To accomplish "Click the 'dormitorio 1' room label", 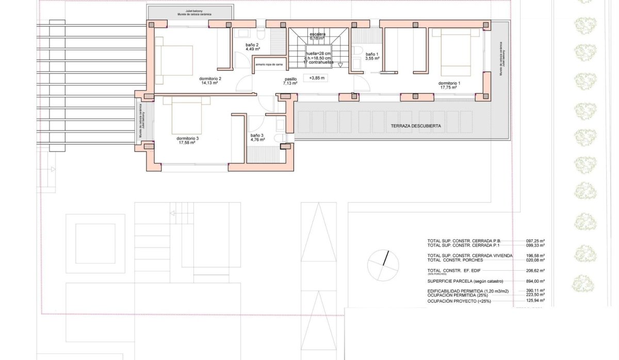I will pos(449,83).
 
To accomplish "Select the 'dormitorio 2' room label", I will pos(210,78).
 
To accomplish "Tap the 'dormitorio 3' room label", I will pos(187,138).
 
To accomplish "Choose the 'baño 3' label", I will pos(257,136).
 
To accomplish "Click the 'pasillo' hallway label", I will pos(290,79).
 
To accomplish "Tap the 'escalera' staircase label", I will pos(317,34).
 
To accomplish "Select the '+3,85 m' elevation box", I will pos(317,78).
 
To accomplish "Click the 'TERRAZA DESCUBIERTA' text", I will pos(416,126).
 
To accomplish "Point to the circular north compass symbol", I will pos(383,266).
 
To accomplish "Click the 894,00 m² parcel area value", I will pos(535,281).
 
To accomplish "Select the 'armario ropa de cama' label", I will pos(269,64).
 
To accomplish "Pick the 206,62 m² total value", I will pos(535,270).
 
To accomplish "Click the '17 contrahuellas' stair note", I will pos(318,62).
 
